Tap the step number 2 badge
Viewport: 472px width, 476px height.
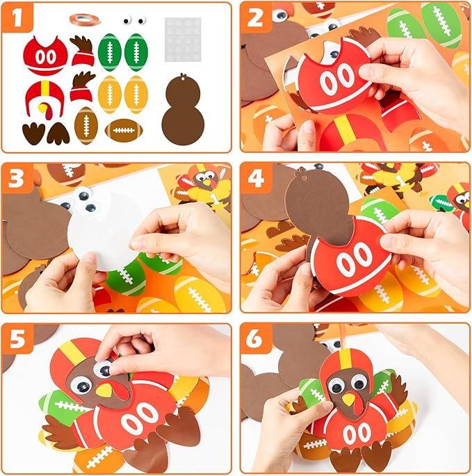tap(257, 19)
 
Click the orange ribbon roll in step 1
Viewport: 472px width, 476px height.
tap(81, 18)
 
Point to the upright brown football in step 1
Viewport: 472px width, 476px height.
tap(86, 126)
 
